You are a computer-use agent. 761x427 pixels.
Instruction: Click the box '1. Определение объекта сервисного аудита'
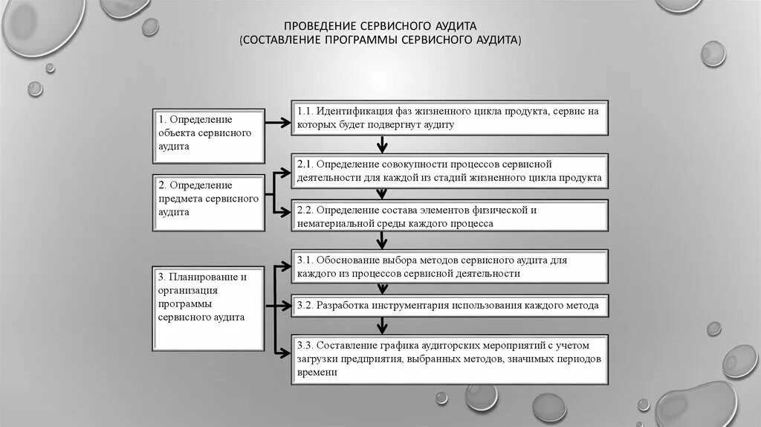click(208, 135)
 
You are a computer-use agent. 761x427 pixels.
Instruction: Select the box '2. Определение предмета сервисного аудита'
click(208, 201)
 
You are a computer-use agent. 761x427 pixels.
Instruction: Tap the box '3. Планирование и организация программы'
click(208, 308)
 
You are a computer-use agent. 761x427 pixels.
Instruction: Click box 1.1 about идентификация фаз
click(448, 118)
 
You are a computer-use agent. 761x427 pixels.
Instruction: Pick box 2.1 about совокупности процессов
click(448, 170)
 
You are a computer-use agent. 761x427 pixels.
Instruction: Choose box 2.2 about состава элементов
click(448, 216)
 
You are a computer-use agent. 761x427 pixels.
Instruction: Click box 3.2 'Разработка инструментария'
click(448, 305)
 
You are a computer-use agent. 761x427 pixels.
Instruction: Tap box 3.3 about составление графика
click(448, 359)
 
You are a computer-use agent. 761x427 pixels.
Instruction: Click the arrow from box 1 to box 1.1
click(276, 123)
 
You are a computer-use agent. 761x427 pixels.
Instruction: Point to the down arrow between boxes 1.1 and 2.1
click(382, 144)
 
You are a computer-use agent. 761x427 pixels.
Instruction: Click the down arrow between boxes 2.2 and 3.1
click(382, 240)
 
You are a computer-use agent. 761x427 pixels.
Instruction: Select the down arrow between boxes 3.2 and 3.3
click(382, 325)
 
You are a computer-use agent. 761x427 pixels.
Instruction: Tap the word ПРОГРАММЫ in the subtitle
click(366, 39)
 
